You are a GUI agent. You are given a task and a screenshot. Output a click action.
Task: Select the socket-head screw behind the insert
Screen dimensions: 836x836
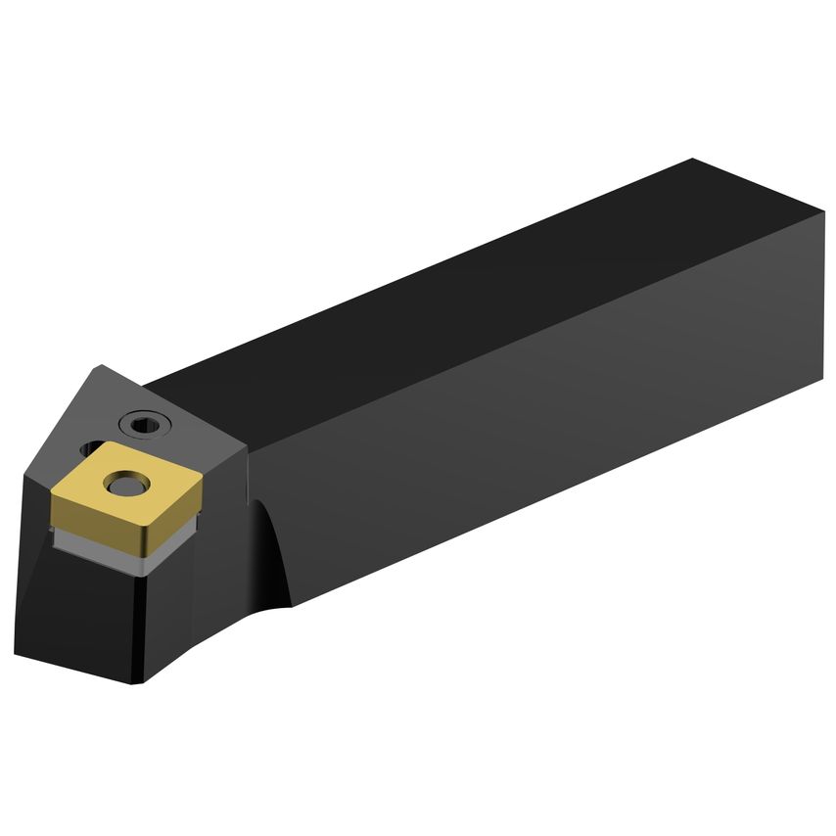pyautogui.click(x=145, y=424)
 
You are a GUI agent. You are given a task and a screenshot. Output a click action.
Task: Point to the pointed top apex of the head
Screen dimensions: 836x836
pyautogui.click(x=101, y=367)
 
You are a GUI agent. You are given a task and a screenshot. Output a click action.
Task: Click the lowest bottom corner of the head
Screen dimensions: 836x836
pyautogui.click(x=134, y=683)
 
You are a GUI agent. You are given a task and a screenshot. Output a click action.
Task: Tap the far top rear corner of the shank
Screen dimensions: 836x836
pyautogui.click(x=692, y=159)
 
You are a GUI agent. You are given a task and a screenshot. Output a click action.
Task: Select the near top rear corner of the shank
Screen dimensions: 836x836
pyautogui.click(x=823, y=212)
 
